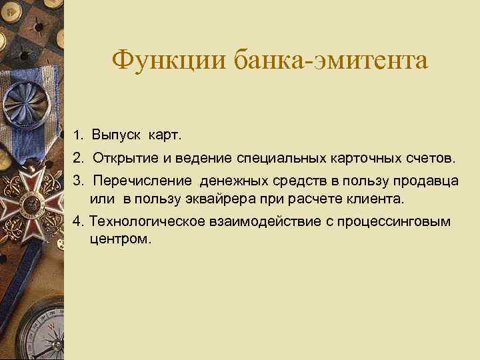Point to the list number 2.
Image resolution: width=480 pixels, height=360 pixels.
pyautogui.click(x=78, y=159)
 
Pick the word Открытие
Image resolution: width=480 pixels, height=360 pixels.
pyautogui.click(x=121, y=159)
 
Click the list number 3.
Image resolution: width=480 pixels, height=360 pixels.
pyautogui.click(x=78, y=181)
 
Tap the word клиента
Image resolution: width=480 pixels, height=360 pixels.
pyautogui.click(x=379, y=199)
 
